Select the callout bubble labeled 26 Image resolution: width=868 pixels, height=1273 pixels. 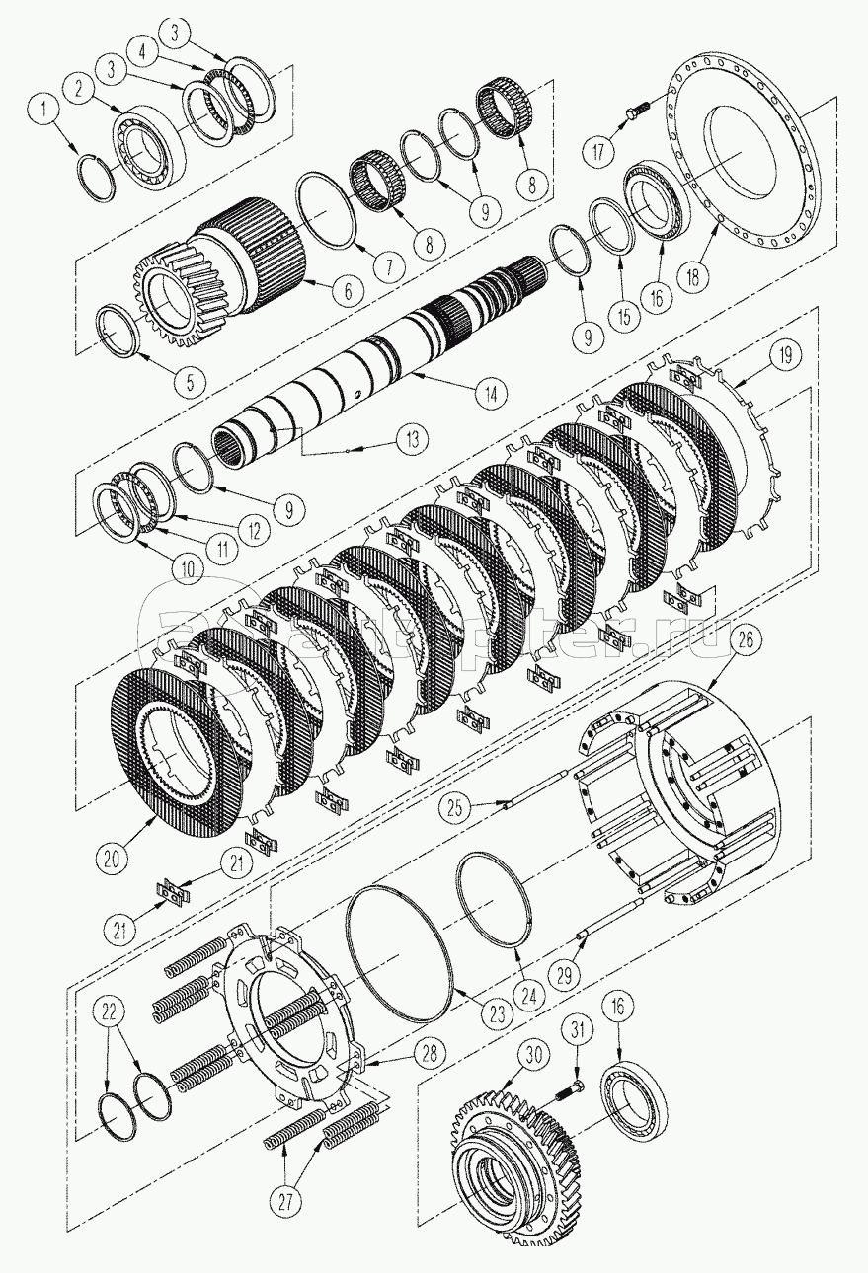click(x=746, y=641)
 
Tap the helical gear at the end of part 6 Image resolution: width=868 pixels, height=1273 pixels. click(x=182, y=294)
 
